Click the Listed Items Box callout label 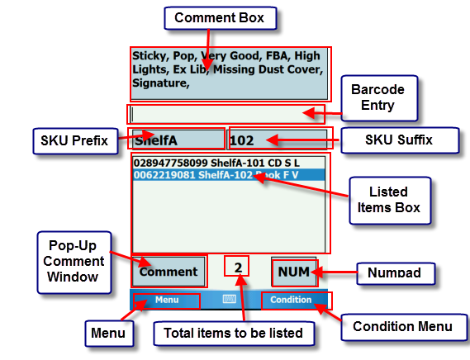pyautogui.click(x=389, y=199)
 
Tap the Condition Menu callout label pyautogui.click(x=402, y=326)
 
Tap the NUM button pyautogui.click(x=294, y=272)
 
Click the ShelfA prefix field pyautogui.click(x=178, y=140)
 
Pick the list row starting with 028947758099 pyautogui.click(x=216, y=163)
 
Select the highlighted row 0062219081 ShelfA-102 pyautogui.click(x=216, y=175)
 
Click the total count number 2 pyautogui.click(x=238, y=268)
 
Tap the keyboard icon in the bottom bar pyautogui.click(x=230, y=300)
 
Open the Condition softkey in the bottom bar pyautogui.click(x=292, y=300)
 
